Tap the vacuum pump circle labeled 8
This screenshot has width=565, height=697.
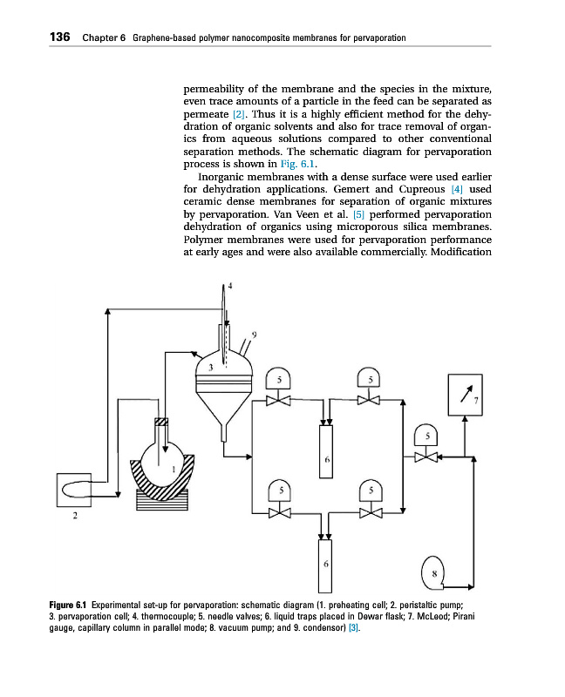pos(433,572)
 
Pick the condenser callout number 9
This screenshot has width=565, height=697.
pos(254,334)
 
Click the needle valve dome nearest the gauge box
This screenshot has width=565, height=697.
pos(427,436)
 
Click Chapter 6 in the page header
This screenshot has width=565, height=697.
pos(105,38)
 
